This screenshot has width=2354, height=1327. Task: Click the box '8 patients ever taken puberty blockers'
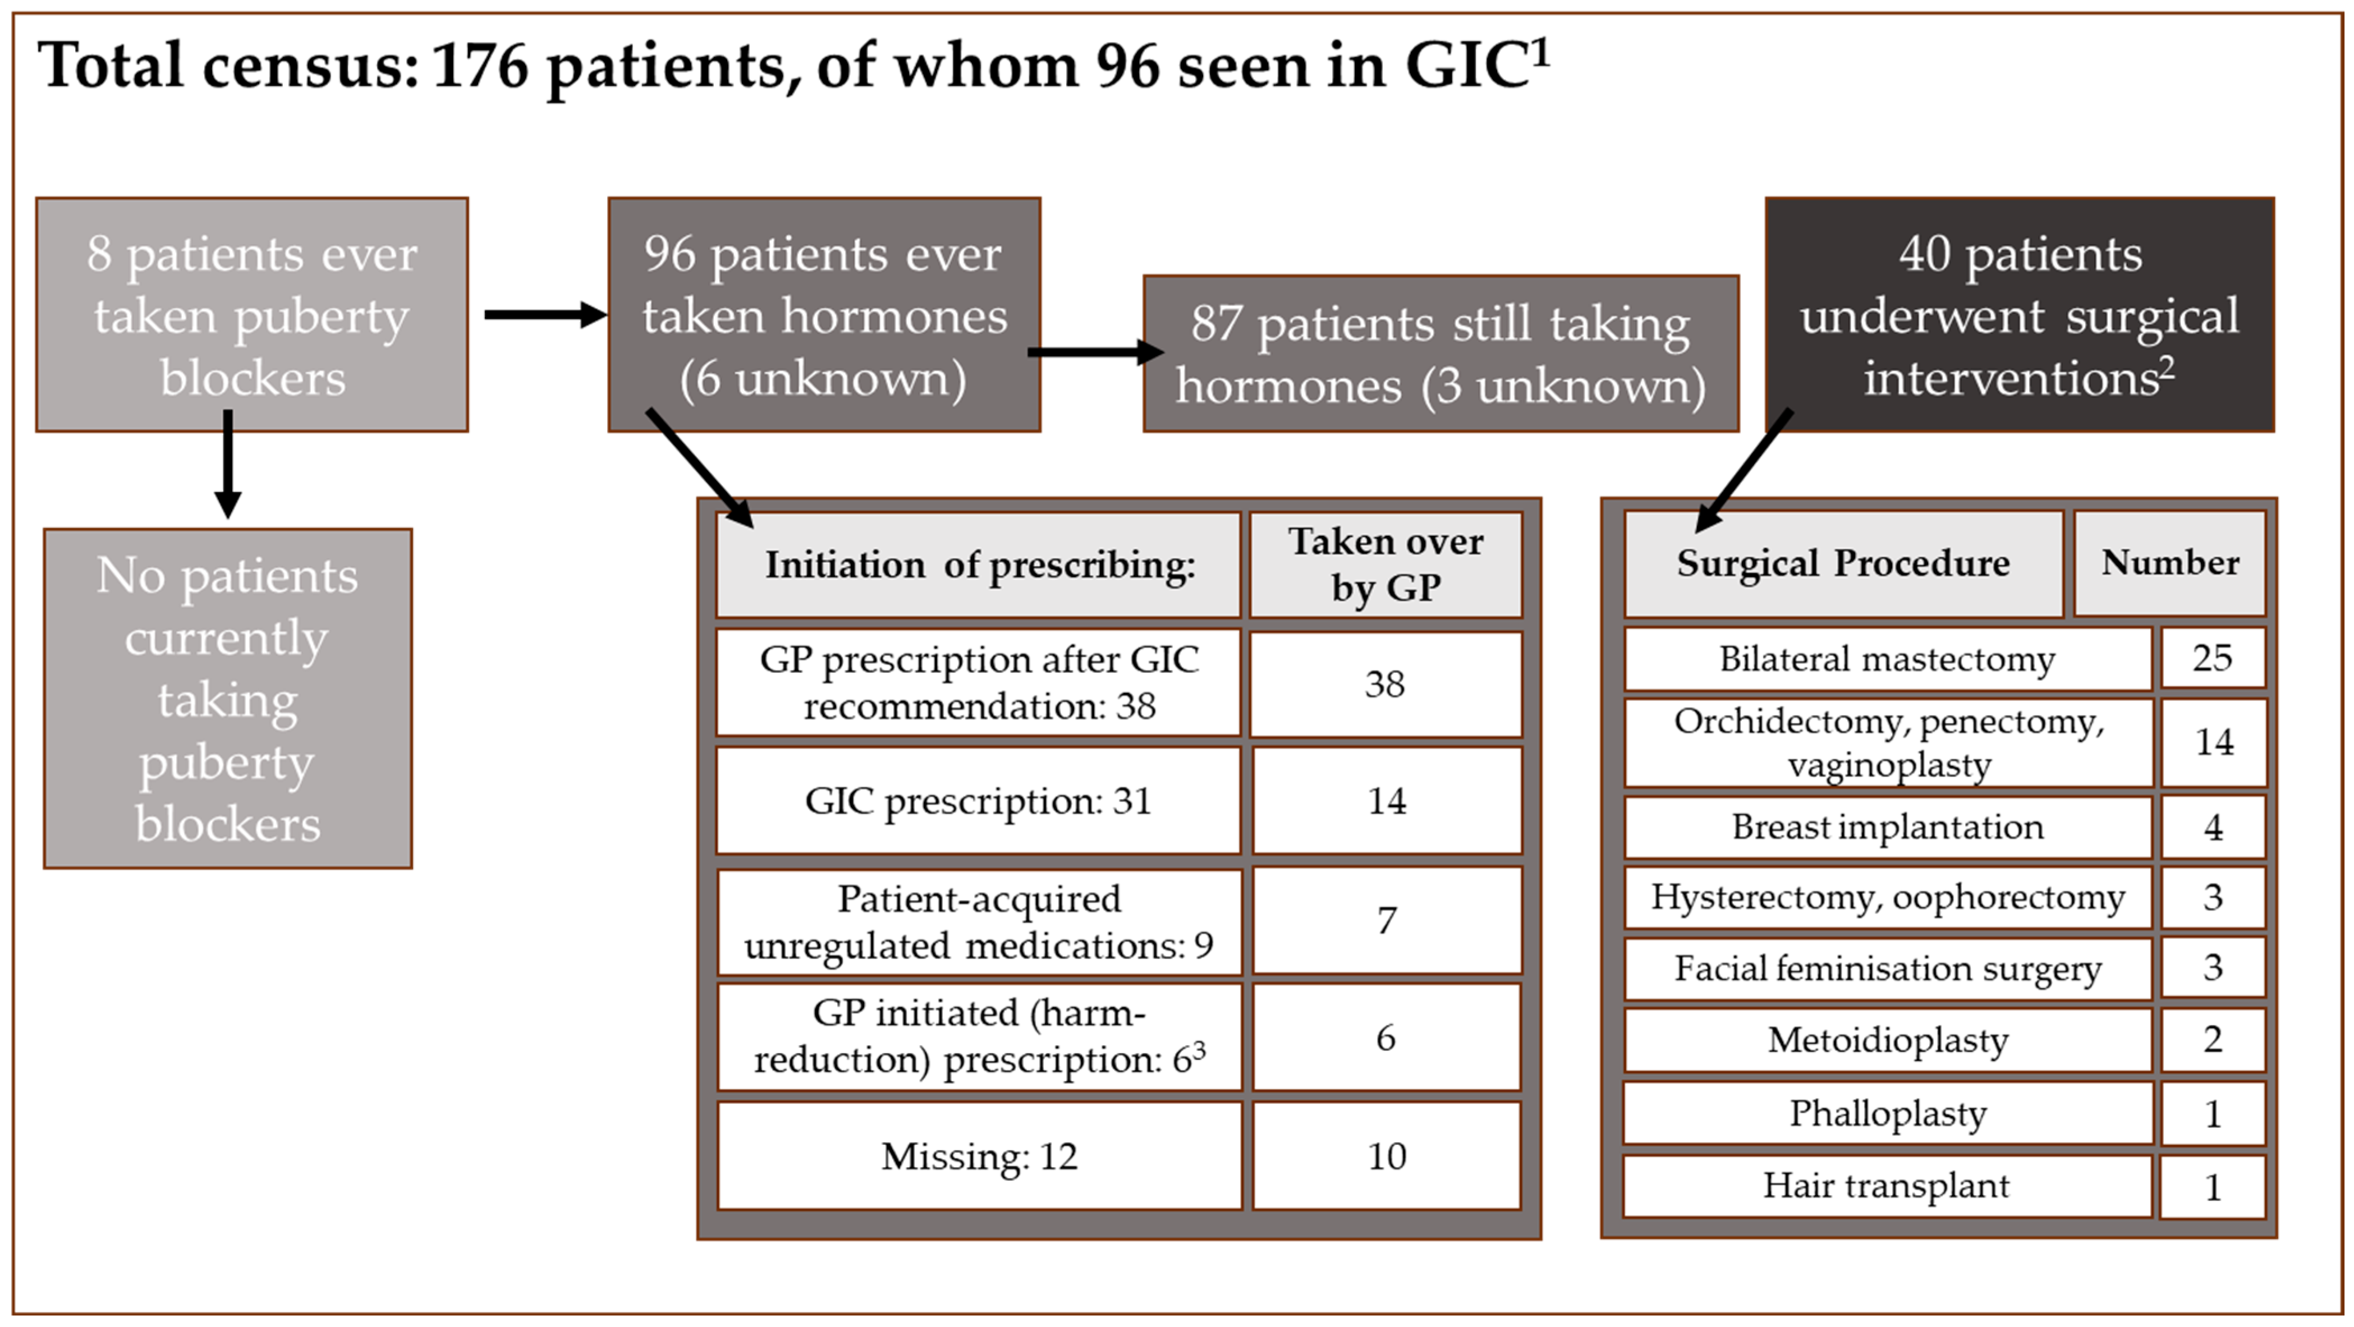coord(252,314)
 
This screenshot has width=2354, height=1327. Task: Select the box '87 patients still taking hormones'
coord(1440,353)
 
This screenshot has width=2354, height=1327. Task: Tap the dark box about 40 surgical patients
coord(2020,314)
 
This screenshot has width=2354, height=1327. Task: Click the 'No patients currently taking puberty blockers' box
coord(227,698)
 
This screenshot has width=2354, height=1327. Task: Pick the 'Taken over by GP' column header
coord(1385,564)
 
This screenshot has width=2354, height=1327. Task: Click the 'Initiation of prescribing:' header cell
coord(979,564)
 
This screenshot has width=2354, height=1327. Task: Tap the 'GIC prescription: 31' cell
coord(979,801)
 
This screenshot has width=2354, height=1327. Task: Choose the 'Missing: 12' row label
coord(979,1156)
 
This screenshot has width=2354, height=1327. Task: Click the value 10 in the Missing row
coord(1385,1156)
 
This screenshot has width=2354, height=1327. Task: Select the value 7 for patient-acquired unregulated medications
coord(1385,920)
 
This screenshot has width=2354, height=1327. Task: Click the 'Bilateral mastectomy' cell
coord(1887,658)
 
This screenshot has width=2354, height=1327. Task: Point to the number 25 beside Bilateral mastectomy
coord(2213,658)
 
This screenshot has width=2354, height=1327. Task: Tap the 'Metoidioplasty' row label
coord(1887,1039)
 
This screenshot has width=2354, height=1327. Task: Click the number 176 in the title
coord(481,67)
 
